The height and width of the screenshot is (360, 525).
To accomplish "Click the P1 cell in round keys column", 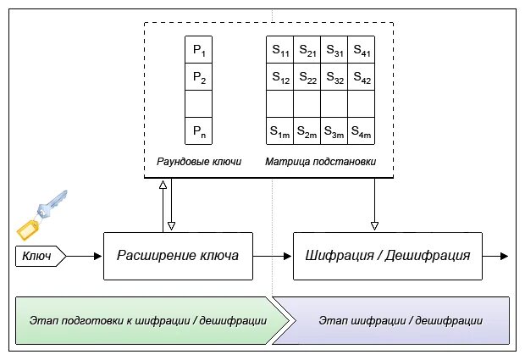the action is [x=198, y=50].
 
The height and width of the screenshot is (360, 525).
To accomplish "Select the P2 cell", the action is [x=198, y=77].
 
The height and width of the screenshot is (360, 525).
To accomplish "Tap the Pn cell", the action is [x=198, y=131].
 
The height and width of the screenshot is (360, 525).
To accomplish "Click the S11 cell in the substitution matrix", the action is [x=280, y=50].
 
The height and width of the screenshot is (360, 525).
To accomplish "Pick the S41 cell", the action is [x=362, y=50].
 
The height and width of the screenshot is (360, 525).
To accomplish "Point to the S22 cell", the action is [x=307, y=77].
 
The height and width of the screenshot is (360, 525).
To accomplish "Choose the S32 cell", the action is [x=334, y=77].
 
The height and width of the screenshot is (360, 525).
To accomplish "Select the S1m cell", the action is [x=280, y=131].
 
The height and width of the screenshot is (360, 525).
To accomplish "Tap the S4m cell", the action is [x=362, y=131].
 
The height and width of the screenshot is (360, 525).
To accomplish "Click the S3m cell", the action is [x=334, y=131].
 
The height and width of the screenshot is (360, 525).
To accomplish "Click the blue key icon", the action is [x=52, y=204].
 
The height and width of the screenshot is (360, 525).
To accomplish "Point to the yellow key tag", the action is [x=28, y=230].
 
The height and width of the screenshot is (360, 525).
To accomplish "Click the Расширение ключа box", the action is [x=178, y=256].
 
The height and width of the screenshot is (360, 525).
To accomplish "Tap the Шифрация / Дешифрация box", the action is [x=388, y=256].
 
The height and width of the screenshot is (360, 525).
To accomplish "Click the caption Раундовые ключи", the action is [x=199, y=162].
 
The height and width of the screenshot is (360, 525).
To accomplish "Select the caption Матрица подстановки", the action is [x=320, y=162].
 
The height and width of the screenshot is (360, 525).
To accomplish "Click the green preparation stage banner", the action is [x=151, y=320].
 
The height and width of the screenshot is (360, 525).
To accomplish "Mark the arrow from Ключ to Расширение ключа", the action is [x=84, y=256].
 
